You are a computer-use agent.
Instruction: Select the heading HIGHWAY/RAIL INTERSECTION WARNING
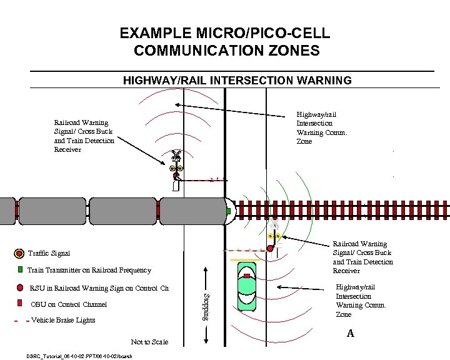[237, 81]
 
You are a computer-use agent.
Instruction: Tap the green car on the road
[247, 287]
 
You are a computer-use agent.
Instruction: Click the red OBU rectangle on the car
[247, 275]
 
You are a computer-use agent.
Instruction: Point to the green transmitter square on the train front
[228, 211]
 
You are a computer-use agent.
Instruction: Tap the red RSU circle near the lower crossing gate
[270, 249]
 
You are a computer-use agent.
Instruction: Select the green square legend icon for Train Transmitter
[21, 270]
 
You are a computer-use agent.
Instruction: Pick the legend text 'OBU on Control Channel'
[68, 304]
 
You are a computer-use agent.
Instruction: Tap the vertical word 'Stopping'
[207, 307]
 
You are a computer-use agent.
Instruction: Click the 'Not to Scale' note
[149, 342]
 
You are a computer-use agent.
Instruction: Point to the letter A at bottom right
[350, 334]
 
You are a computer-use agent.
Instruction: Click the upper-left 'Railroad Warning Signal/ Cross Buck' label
[84, 136]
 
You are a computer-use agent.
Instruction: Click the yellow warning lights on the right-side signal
[272, 237]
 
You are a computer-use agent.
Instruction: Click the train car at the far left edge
[7, 211]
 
